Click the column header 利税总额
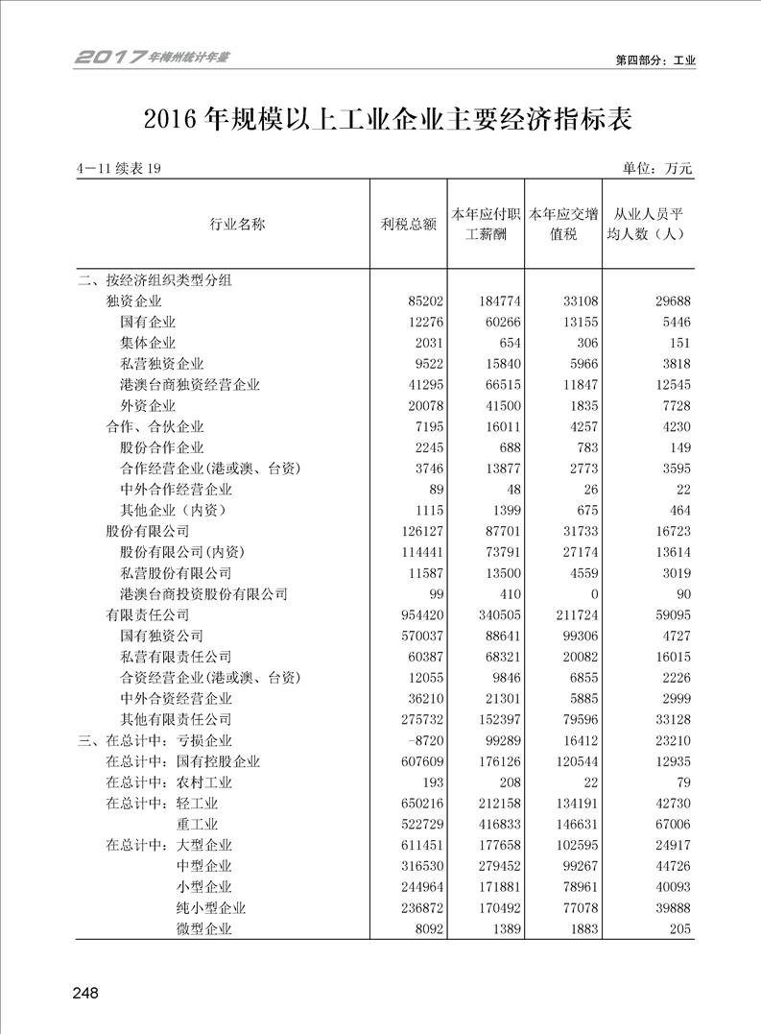pyautogui.click(x=408, y=225)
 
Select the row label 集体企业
pyautogui.click(x=148, y=343)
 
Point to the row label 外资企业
pyautogui.click(x=148, y=406)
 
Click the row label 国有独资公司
pyautogui.click(x=161, y=636)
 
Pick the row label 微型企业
pyautogui.click(x=204, y=928)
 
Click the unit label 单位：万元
pyautogui.click(x=657, y=169)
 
